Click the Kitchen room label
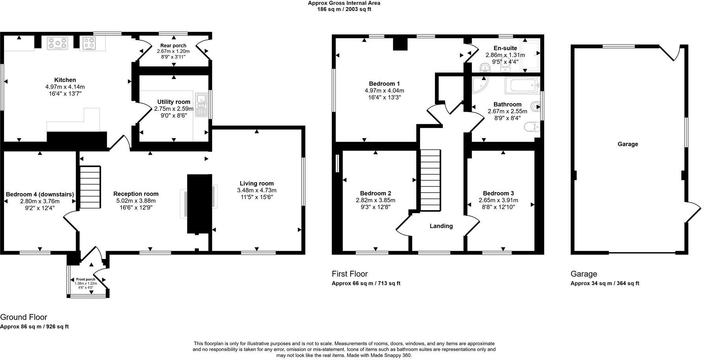click(x=65, y=80)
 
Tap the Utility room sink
click(x=202, y=105)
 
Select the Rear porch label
click(x=173, y=45)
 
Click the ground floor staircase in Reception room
click(x=90, y=187)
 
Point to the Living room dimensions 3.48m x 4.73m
click(x=257, y=190)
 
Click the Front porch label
click(x=86, y=279)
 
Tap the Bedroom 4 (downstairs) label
click(x=40, y=194)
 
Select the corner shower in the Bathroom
click(x=480, y=85)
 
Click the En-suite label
click(x=505, y=48)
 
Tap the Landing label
click(x=441, y=226)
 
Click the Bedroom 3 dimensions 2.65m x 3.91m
click(x=498, y=200)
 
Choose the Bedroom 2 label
click(x=375, y=193)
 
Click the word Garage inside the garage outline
click(x=627, y=144)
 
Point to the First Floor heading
click(x=350, y=274)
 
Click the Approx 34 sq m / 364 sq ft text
click(x=605, y=283)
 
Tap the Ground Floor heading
click(x=24, y=317)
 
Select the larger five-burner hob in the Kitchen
click(x=58, y=43)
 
